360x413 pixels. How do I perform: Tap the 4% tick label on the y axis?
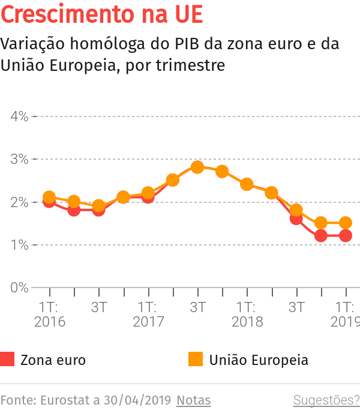point(19,116)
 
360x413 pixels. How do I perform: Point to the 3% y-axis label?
point(19,160)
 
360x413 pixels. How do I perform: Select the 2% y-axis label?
point(19,202)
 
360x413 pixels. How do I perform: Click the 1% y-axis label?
point(19,245)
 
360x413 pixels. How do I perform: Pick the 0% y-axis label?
point(19,288)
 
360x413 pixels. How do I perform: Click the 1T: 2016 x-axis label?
point(49,314)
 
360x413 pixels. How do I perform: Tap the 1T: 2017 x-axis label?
point(148,314)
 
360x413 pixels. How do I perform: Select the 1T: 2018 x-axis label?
point(247,314)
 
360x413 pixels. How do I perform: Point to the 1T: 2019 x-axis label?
point(345,314)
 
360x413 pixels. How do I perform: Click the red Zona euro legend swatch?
point(7,360)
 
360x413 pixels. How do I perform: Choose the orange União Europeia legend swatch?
point(196,360)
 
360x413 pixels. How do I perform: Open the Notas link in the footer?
point(193,400)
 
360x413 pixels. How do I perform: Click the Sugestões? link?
point(326,400)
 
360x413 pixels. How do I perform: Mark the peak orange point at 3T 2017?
point(197,167)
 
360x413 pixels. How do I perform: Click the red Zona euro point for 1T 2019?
point(346,236)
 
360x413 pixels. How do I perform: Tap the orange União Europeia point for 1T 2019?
point(346,223)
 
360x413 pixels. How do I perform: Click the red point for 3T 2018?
point(296,219)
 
